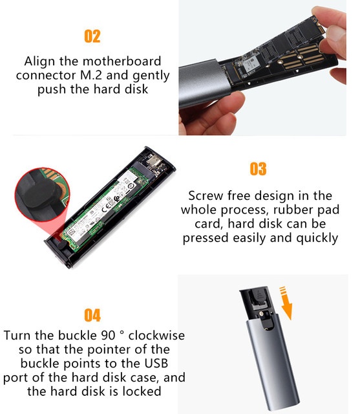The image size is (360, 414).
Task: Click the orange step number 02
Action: tap(92, 36)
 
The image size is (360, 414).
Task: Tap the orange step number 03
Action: tap(258, 169)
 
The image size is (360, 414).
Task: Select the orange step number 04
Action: tap(92, 315)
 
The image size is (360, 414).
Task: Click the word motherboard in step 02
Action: tap(122, 61)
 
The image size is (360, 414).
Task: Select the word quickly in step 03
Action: tap(317, 238)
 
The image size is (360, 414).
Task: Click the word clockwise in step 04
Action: tap(156, 336)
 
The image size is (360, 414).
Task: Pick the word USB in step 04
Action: tap(156, 364)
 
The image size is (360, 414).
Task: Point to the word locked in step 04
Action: tap(142, 391)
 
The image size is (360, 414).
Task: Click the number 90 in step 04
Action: tap(108, 336)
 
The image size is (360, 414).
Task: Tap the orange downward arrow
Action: tap(286, 303)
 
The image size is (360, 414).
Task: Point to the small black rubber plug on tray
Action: tap(61, 245)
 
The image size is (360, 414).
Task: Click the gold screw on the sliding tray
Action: tap(261, 313)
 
